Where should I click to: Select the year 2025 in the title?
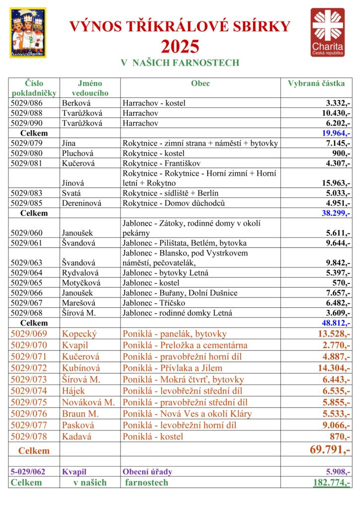tap(180, 47)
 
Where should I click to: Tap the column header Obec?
tap(200, 84)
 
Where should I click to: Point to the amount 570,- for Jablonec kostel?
tap(341, 282)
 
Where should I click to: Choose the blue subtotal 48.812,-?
tap(333, 322)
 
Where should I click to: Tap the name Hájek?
tap(73, 391)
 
